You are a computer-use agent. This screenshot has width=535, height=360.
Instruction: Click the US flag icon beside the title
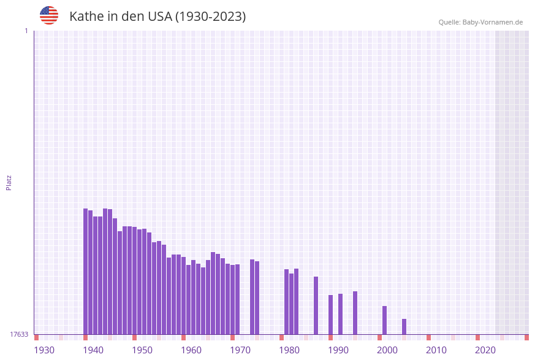click(49, 15)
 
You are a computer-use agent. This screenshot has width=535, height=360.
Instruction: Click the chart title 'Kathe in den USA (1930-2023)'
click(157, 17)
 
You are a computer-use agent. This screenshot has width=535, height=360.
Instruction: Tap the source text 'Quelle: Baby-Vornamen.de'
click(480, 22)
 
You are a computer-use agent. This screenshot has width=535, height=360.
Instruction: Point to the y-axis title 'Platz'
click(9, 182)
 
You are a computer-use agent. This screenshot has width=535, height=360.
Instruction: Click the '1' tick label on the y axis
click(26, 31)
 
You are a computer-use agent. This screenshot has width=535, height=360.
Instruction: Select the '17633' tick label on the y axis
click(19, 334)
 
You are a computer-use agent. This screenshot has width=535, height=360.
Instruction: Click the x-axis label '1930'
click(44, 350)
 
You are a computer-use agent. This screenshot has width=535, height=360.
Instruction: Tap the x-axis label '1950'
click(142, 350)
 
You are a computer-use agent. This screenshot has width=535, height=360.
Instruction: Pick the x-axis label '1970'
click(240, 350)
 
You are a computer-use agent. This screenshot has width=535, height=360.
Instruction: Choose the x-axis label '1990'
click(338, 350)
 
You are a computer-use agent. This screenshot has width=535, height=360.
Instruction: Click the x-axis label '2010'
click(436, 350)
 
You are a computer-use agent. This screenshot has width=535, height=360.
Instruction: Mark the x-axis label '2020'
click(485, 350)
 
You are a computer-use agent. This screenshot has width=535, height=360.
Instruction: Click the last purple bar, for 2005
click(404, 326)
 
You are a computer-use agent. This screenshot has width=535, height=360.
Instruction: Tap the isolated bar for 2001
click(385, 320)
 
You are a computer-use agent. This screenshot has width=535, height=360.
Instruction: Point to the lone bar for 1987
click(316, 305)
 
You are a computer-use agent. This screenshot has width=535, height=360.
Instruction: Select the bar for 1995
click(355, 312)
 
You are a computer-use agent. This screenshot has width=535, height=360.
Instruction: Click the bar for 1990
click(331, 314)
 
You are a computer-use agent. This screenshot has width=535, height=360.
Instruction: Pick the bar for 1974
click(252, 296)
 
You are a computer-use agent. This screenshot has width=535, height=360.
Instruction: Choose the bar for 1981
click(287, 301)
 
